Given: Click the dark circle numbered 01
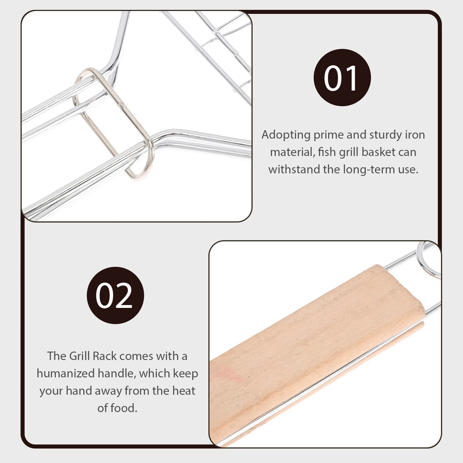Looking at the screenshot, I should [342, 77].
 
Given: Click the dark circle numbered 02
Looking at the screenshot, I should [115, 295].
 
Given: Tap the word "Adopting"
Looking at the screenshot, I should [286, 135].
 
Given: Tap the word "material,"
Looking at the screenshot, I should [292, 152].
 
